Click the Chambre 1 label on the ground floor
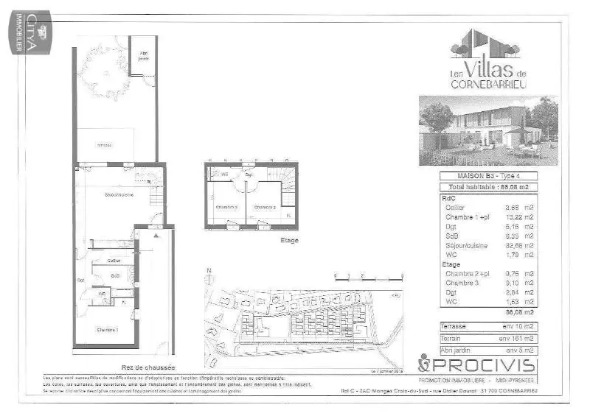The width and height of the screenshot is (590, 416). pos(107,330)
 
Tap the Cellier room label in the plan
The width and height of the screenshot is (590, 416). pos(114,261)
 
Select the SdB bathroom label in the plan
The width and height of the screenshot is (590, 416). pos(115,276)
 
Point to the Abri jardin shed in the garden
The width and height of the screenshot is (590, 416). pos(143,54)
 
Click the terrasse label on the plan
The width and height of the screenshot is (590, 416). pos(104,145)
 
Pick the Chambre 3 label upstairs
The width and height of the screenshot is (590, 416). pos(226,207)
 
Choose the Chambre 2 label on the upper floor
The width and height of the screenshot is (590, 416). pos(265,207)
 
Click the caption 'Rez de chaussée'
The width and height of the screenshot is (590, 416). pos(147,367)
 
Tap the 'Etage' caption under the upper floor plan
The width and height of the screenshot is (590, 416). pos(290,240)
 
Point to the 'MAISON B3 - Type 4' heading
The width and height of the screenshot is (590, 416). pos(488,176)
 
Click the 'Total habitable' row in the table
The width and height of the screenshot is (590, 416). pos(488,188)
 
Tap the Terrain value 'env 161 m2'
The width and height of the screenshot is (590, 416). pos(515,337)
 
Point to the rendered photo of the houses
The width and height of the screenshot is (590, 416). pos(488,131)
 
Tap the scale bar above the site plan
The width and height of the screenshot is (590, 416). pos(369,278)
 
